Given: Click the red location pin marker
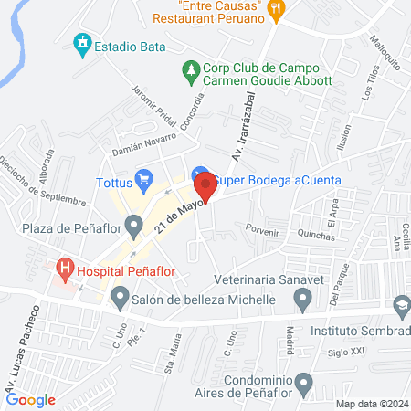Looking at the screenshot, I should [x=205, y=186].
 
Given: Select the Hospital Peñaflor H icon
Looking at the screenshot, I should [x=65, y=269].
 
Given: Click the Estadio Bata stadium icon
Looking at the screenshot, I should [x=83, y=42].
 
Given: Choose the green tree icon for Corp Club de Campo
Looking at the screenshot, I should [x=191, y=68].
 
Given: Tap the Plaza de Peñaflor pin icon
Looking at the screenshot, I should [x=135, y=223].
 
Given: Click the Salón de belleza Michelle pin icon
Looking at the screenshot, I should [x=120, y=297].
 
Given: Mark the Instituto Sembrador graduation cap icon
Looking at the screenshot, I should [x=399, y=304].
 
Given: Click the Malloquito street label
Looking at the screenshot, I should [x=386, y=55].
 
